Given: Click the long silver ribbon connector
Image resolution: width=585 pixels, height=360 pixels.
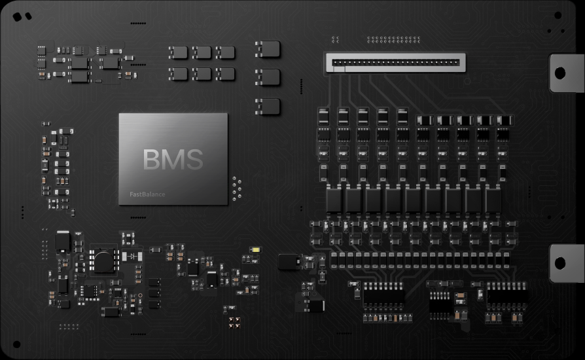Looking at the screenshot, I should [395, 63].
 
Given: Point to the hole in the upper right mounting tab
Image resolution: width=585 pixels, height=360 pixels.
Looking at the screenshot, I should [560, 73].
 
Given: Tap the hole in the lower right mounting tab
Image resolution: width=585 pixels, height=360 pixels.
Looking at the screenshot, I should [560, 263].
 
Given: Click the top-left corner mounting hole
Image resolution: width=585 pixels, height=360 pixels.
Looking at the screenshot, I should [17, 17].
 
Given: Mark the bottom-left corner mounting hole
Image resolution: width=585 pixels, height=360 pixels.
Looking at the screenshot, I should [16, 344].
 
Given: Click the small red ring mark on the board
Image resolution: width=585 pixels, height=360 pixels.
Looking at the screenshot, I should [139, 295].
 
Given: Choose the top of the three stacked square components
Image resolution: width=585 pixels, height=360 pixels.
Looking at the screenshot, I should [268, 49].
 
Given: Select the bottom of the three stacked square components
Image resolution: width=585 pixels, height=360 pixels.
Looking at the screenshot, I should [268, 106].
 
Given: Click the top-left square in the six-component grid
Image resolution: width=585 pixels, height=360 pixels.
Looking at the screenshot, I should [178, 52].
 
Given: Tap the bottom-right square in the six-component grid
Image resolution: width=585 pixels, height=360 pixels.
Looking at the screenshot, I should [226, 74].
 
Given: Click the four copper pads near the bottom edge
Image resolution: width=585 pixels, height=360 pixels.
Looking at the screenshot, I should [234, 321].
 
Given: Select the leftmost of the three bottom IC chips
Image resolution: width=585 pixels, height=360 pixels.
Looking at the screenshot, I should [383, 295].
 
